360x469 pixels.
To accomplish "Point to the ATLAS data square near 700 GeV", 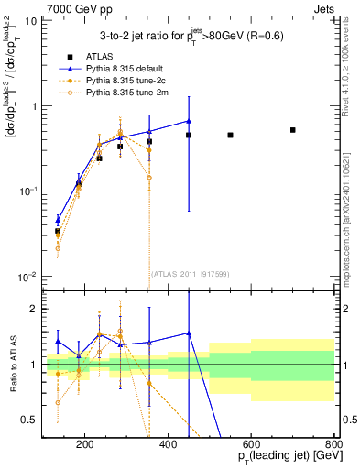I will tap(292, 130).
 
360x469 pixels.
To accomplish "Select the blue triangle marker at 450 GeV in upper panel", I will tap(189, 121).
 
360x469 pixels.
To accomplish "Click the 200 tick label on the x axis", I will tap(84, 446).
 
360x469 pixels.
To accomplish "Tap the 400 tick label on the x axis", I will tap(168, 446).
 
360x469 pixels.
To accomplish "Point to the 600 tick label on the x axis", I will tap(251, 446).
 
